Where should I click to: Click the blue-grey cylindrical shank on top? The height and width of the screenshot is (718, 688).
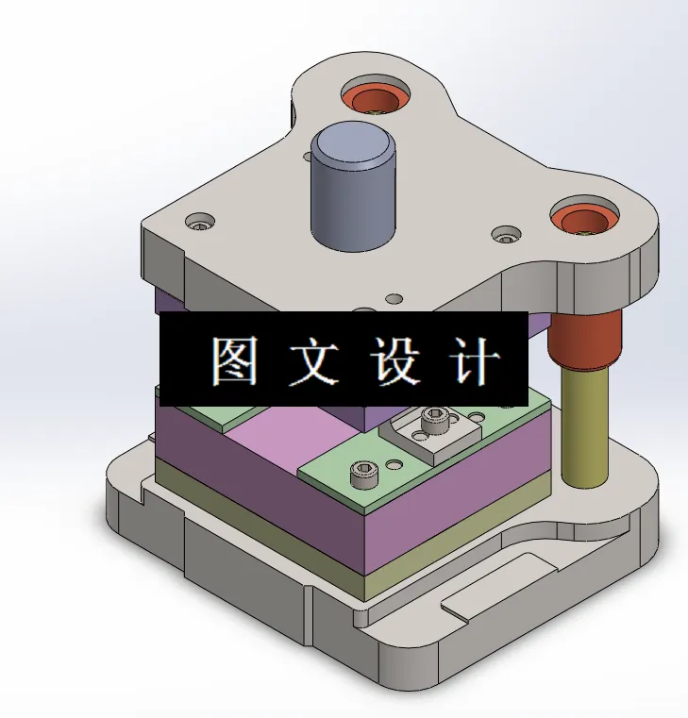352,193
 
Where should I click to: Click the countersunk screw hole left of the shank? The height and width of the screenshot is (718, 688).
200,224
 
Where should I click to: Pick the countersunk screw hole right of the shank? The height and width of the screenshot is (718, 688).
507,233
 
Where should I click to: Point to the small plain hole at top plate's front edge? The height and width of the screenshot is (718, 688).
394,299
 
